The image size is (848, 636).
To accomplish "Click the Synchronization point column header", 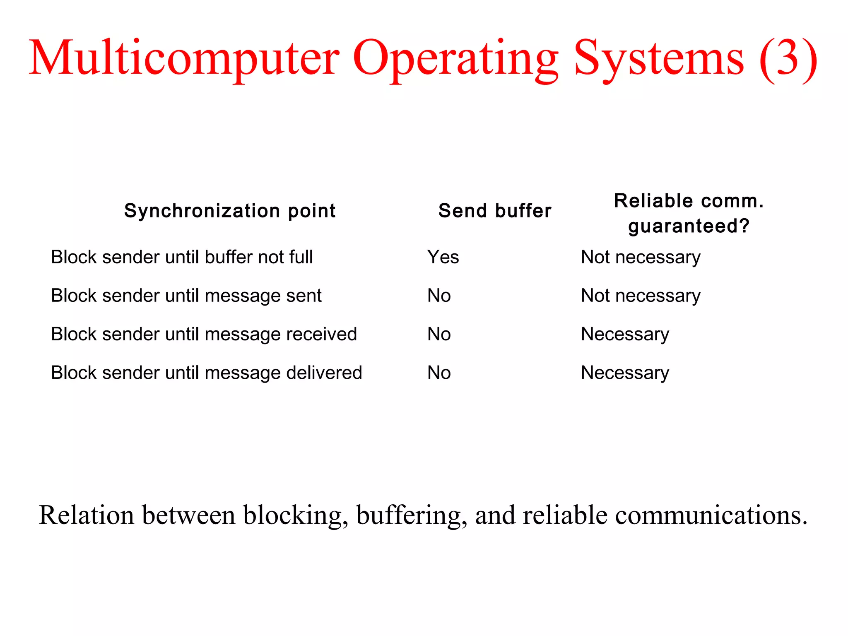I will pyautogui.click(x=230, y=211).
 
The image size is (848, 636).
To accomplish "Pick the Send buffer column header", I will pyautogui.click(x=495, y=211).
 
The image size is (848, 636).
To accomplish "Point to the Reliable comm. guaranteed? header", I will pyautogui.click(x=689, y=213).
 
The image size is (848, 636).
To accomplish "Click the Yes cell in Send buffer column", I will pyautogui.click(x=443, y=257).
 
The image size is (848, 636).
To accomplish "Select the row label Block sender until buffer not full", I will pyautogui.click(x=182, y=257).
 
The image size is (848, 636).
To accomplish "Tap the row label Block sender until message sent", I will pyautogui.click(x=186, y=296).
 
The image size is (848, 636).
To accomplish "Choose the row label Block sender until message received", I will pyautogui.click(x=204, y=334).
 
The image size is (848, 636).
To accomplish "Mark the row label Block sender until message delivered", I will pyautogui.click(x=206, y=373).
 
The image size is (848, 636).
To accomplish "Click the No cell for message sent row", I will pyautogui.click(x=439, y=296).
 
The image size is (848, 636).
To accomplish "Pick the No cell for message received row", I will pyautogui.click(x=439, y=334).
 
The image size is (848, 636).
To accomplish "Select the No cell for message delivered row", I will pyautogui.click(x=439, y=373).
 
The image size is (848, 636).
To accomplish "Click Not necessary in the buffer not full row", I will pyautogui.click(x=641, y=257).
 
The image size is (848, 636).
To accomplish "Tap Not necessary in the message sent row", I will pyautogui.click(x=641, y=296).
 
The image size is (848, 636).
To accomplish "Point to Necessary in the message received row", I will pyautogui.click(x=625, y=334).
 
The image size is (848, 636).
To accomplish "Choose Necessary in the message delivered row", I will pyautogui.click(x=625, y=373).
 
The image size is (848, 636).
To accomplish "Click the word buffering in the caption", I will pyautogui.click(x=412, y=516).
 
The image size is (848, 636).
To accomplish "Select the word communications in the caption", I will pyautogui.click(x=711, y=516).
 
